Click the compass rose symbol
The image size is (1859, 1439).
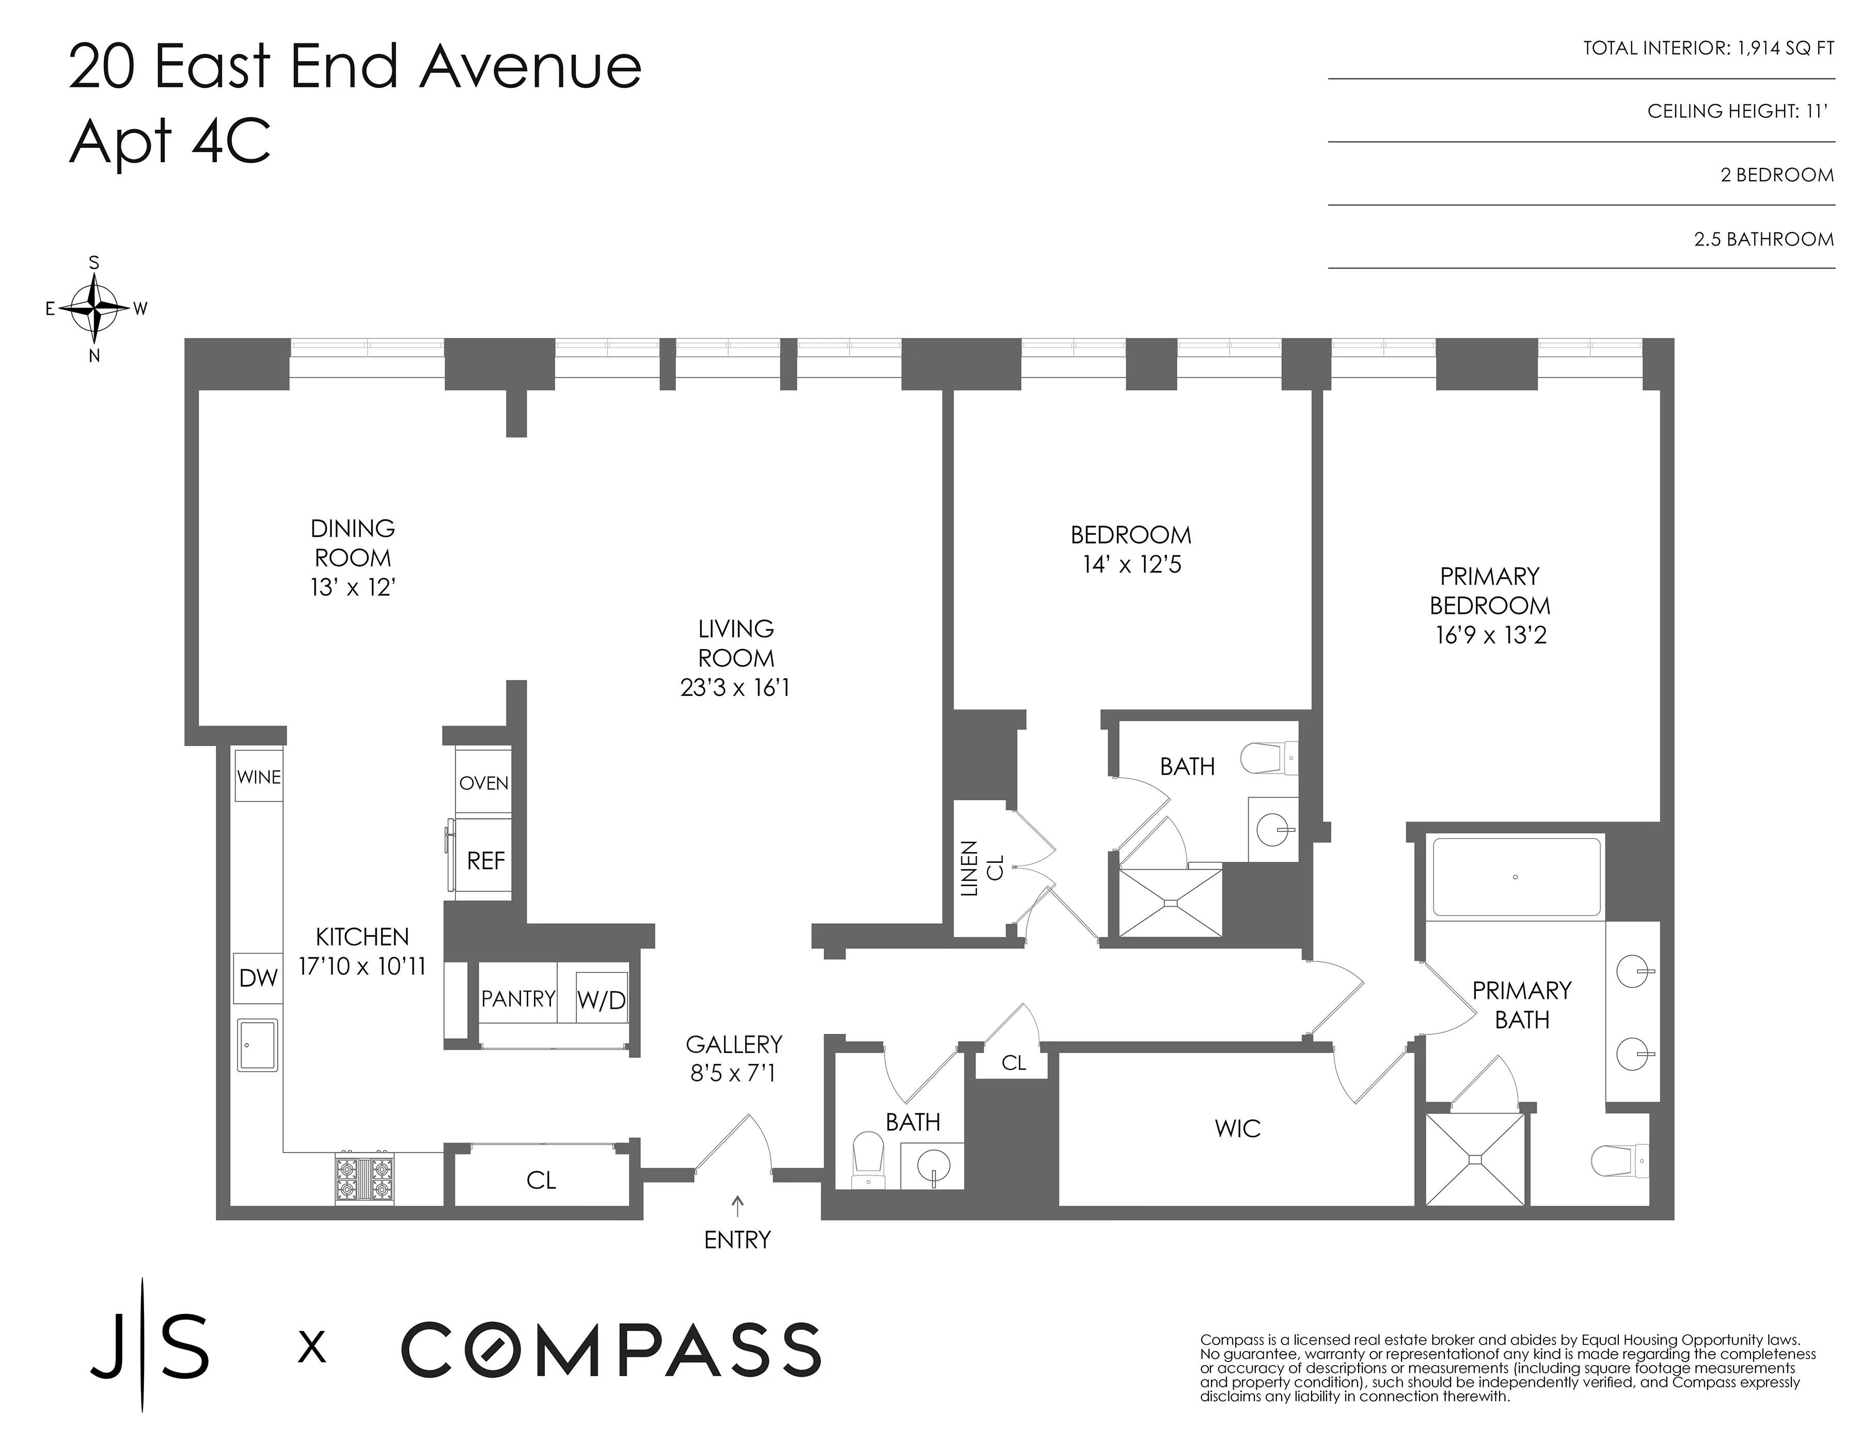94,308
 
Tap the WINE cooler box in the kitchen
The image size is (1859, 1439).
259,776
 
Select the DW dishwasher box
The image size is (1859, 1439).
258,978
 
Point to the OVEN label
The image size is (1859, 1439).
483,782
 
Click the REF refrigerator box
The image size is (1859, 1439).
484,860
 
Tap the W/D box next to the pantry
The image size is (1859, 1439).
602,1000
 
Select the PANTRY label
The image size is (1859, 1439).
517,998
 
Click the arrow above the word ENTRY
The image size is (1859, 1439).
737,1204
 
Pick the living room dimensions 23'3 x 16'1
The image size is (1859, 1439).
735,687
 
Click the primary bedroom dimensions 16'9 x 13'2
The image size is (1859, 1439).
1490,635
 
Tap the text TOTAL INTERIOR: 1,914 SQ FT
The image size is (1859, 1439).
1708,49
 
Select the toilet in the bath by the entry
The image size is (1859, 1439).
868,1158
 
